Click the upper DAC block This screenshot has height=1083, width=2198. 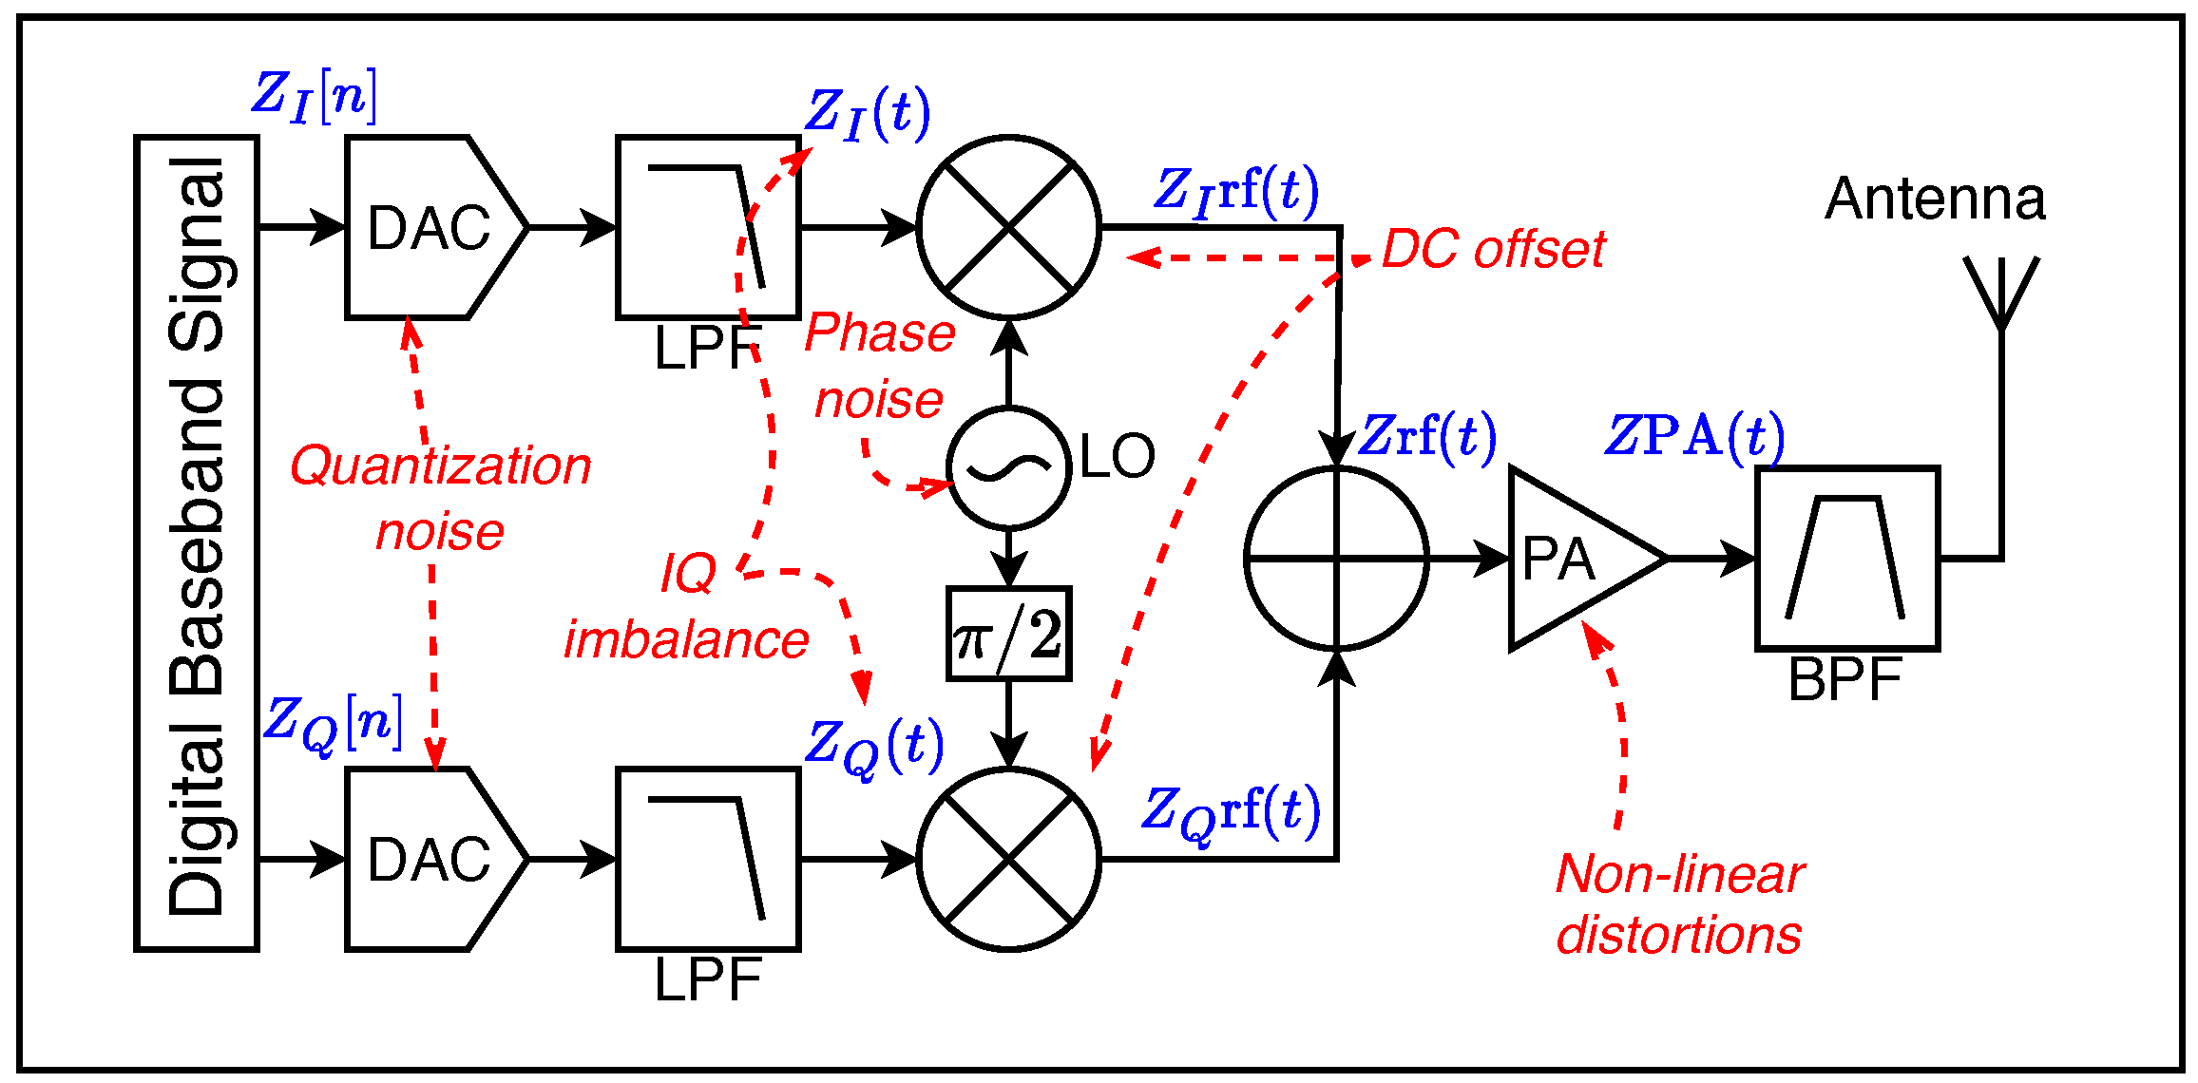point(428,228)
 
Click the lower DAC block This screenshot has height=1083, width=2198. point(428,859)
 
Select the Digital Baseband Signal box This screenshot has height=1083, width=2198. point(197,542)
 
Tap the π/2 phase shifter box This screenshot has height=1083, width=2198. point(1008,634)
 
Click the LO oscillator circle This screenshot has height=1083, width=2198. point(1008,467)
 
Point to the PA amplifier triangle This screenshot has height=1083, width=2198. point(1568,559)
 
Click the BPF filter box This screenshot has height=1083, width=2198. point(1846,559)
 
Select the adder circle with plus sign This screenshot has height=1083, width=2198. point(1336,559)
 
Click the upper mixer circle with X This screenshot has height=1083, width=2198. point(1008,227)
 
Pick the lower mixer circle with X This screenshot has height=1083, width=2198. point(1008,859)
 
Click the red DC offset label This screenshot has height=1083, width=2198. point(1492,250)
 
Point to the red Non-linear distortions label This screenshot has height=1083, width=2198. point(1679,904)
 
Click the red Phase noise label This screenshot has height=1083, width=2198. point(879,366)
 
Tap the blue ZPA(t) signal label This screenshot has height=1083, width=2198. point(1693,437)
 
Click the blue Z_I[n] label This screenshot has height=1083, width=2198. point(314,96)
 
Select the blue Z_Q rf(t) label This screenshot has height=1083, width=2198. point(1230,812)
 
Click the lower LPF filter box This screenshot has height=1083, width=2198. point(708,859)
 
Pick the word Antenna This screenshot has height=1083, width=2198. point(1935,199)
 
